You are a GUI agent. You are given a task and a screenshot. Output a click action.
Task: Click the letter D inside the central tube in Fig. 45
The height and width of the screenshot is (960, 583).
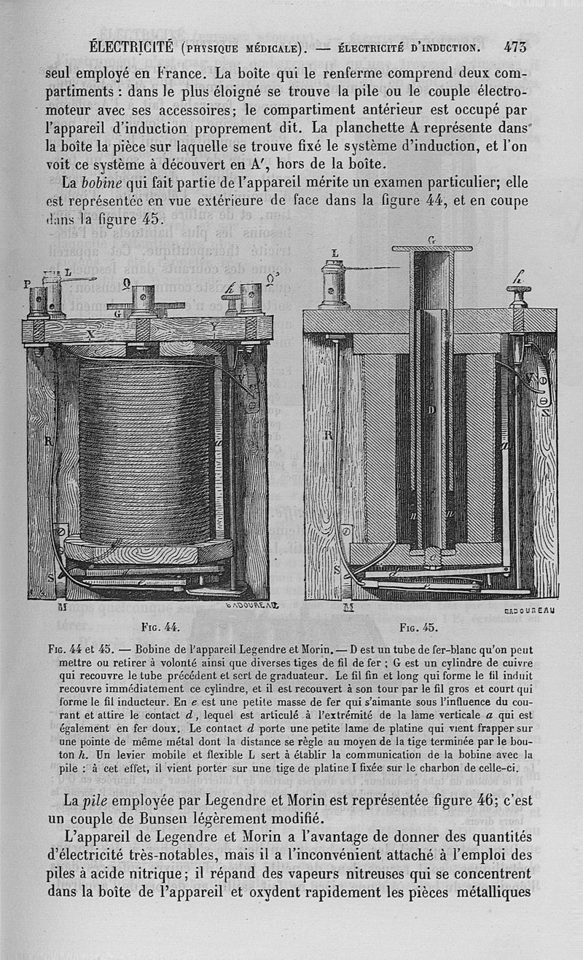pyautogui.click(x=431, y=410)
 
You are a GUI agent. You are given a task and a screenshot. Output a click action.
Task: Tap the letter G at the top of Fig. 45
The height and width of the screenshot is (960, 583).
pyautogui.click(x=431, y=240)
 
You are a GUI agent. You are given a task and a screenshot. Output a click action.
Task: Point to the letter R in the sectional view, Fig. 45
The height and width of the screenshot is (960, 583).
pyautogui.click(x=329, y=435)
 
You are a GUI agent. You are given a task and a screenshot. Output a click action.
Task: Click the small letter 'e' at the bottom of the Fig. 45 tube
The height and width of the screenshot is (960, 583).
pyautogui.click(x=430, y=558)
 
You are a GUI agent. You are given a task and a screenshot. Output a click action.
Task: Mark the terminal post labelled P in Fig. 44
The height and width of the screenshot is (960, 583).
pyautogui.click(x=37, y=302)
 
